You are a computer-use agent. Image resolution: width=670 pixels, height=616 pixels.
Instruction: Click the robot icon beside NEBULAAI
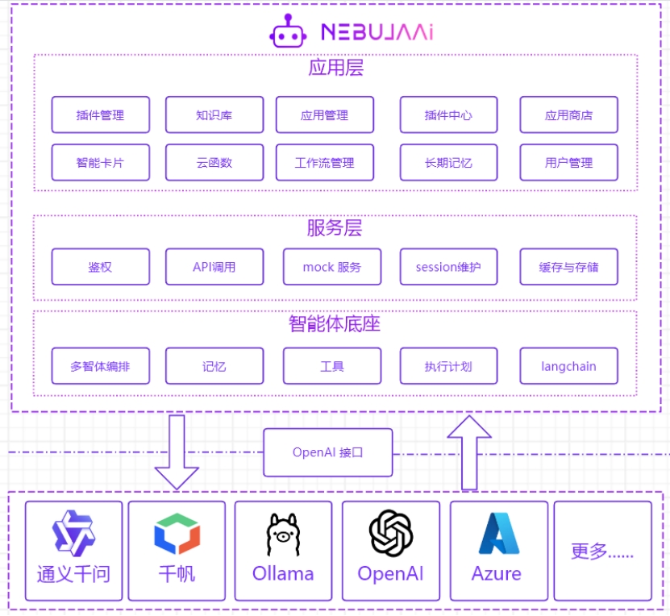(x=288, y=31)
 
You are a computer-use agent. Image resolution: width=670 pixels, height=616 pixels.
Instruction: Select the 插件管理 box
(x=101, y=115)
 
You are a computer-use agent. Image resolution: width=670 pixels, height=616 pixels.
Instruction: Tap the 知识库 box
(x=214, y=115)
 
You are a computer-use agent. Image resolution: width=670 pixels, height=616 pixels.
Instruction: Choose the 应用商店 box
(x=568, y=115)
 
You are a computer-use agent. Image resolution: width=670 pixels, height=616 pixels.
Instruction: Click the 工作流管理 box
(x=324, y=162)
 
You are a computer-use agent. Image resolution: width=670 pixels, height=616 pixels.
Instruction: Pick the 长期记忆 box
(x=448, y=162)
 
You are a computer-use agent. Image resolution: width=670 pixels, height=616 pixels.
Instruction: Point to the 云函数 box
(x=214, y=162)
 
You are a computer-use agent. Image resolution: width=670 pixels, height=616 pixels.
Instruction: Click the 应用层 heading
(x=335, y=68)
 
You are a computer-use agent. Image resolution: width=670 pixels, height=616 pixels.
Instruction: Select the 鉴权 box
(x=101, y=267)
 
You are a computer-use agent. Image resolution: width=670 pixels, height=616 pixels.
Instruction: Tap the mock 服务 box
(x=331, y=267)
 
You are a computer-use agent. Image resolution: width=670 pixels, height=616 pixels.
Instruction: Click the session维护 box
(x=448, y=267)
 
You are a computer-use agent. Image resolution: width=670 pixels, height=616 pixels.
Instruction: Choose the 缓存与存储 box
(x=568, y=267)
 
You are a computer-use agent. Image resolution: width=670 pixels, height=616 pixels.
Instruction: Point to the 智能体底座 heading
(x=335, y=324)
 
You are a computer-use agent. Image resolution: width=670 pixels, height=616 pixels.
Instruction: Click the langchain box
(x=568, y=366)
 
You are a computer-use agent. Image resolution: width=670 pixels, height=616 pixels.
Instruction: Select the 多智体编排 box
(x=101, y=366)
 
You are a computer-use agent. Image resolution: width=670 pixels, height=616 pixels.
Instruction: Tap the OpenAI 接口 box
(x=328, y=452)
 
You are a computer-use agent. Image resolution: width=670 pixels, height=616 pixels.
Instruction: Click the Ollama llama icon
(x=283, y=534)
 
